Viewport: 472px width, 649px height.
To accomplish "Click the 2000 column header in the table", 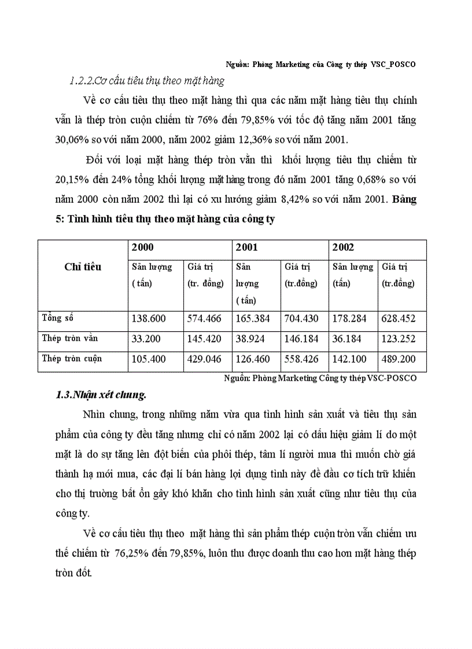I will pyautogui.click(x=143, y=248).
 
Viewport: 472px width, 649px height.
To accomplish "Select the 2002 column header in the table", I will pyautogui.click(x=343, y=248).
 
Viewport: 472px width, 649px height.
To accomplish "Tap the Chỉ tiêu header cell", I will pyautogui.click(x=83, y=267).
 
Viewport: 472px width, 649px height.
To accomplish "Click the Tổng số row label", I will pyautogui.click(x=58, y=318).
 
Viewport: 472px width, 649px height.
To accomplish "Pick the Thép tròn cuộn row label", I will pyautogui.click(x=72, y=359).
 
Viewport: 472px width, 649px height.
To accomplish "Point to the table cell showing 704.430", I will pyautogui.click(x=301, y=318).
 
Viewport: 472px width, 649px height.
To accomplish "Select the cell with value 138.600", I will pyautogui.click(x=149, y=318).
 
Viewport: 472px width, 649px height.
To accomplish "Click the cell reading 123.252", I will pyautogui.click(x=399, y=339).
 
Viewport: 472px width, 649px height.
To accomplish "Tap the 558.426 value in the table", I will pyautogui.click(x=301, y=359).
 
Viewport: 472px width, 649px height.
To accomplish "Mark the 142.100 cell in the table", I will pyautogui.click(x=349, y=359).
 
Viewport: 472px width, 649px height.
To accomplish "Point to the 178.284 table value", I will pyautogui.click(x=349, y=318).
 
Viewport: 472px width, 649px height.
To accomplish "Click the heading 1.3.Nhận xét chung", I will pyautogui.click(x=101, y=396).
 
